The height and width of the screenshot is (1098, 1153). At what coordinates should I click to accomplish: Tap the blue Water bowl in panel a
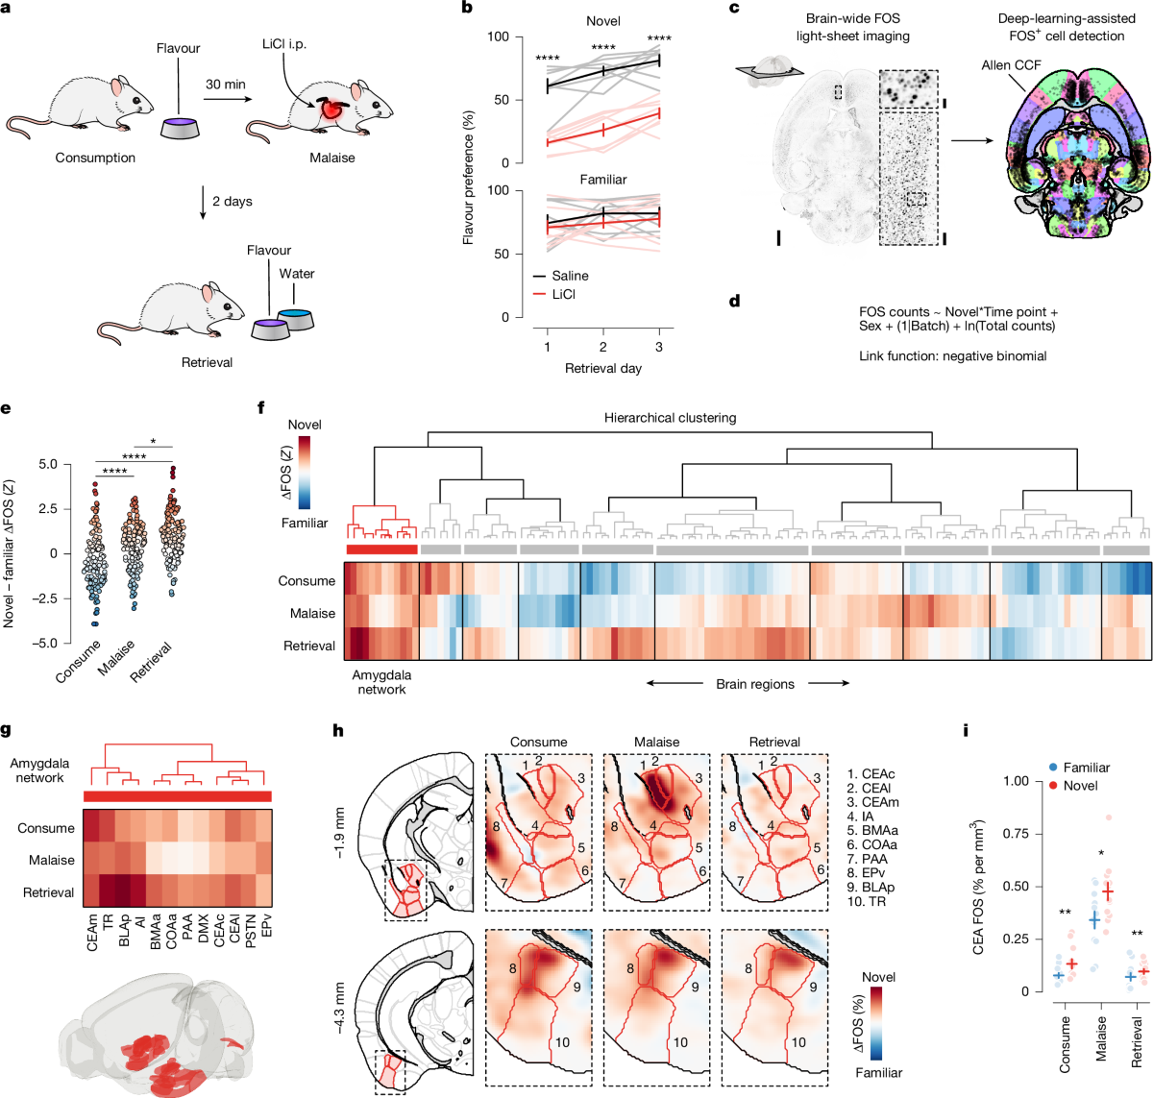coord(295,317)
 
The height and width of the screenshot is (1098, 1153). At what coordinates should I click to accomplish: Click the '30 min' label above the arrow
coord(226,85)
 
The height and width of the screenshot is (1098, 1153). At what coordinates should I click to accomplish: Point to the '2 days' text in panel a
coord(233,202)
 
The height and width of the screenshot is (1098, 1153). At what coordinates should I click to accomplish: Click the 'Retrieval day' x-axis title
coord(603,368)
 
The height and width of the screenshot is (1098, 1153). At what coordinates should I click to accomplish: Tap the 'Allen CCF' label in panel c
coord(1011,65)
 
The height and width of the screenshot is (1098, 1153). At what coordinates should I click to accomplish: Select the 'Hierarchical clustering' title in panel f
coord(670,418)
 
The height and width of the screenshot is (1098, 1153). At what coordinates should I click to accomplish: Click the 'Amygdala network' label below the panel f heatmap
coord(381,683)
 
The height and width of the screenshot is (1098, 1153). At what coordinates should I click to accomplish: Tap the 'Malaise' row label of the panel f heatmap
coord(312,613)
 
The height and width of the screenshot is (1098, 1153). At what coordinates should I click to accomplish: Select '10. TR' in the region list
coord(866,901)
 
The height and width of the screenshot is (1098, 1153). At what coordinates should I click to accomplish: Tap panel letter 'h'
coord(337,731)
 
